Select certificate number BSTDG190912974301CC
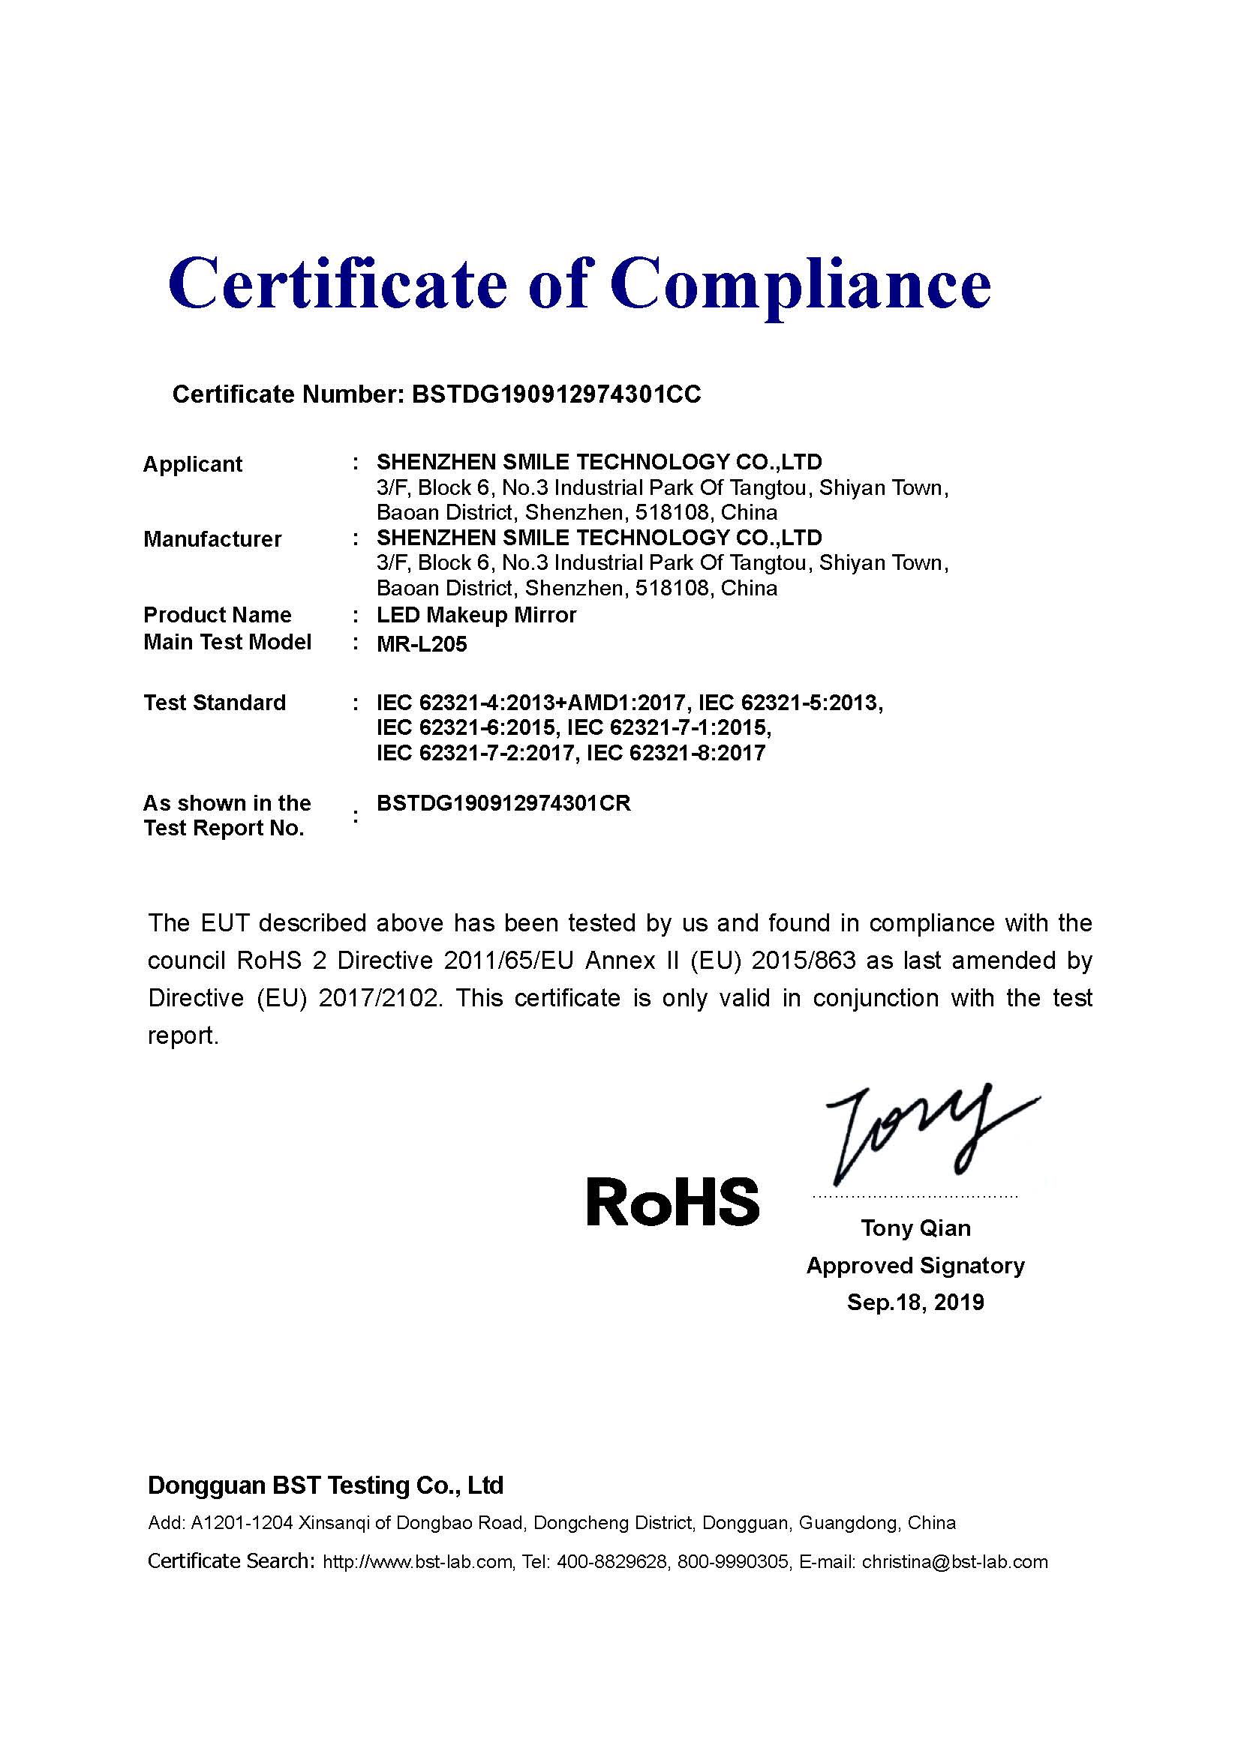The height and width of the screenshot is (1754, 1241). [x=555, y=394]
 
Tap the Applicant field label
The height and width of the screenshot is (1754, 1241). [x=193, y=464]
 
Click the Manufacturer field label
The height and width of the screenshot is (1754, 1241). [x=212, y=539]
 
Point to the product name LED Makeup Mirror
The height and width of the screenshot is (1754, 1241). [x=476, y=615]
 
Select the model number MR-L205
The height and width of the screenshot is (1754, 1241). [x=422, y=644]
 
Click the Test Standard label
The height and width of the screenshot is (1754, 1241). [x=215, y=703]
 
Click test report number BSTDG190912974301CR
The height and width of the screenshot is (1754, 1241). [x=503, y=804]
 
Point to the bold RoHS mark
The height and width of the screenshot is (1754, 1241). [x=673, y=1201]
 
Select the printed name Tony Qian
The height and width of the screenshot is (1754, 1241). [x=915, y=1228]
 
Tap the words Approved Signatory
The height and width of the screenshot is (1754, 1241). [x=915, y=1266]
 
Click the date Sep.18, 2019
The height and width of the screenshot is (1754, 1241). [x=915, y=1302]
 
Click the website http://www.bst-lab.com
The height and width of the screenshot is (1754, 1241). [x=417, y=1562]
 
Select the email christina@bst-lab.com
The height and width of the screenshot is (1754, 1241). [x=954, y=1562]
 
